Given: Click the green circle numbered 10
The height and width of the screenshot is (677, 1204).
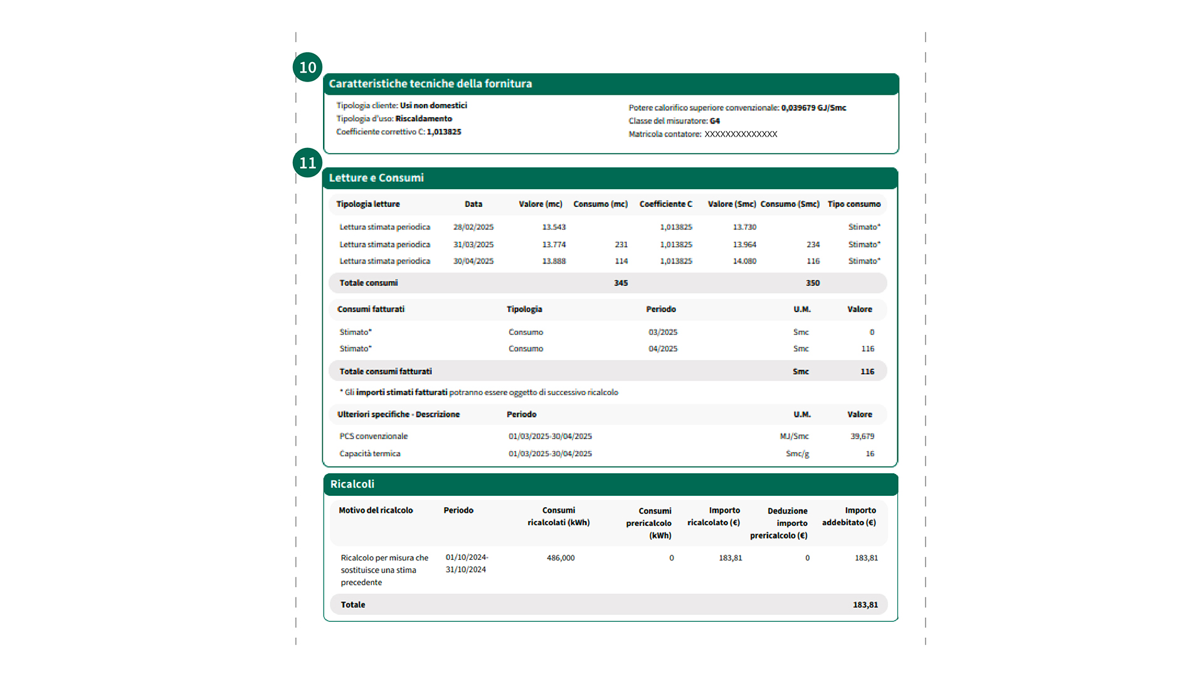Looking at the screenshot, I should point(307,67).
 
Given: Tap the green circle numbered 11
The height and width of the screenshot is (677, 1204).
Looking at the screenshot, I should point(307,163).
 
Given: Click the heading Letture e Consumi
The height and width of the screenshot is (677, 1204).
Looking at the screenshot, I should point(376,178).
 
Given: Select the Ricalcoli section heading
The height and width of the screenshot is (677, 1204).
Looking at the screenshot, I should point(352,484).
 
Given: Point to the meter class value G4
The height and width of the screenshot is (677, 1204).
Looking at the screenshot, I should point(715,121).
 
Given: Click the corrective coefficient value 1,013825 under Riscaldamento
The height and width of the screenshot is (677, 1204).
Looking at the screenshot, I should point(444,132).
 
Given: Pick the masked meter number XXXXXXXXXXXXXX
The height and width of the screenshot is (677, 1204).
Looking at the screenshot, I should point(741,134).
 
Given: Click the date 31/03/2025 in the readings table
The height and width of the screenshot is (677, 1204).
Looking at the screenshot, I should point(473,244).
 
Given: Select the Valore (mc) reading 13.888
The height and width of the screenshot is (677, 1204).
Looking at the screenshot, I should point(554,261).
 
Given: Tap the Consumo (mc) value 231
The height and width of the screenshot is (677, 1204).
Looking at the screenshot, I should point(621,244).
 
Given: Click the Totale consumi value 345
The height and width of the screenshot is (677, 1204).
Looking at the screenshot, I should point(621,283).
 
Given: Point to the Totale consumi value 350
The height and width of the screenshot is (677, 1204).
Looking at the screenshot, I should point(813,283).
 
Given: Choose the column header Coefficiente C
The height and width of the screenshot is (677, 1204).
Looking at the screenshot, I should point(665,204).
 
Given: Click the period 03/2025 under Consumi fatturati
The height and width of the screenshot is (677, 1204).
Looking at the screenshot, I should point(663,332).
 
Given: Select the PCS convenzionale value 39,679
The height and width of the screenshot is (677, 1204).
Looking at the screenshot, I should point(862,436).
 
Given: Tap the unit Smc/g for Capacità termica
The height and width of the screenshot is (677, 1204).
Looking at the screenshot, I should point(797,454).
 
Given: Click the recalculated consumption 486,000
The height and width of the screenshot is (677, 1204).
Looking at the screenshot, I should point(561,558).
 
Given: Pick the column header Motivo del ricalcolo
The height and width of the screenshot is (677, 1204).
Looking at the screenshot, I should point(376,510).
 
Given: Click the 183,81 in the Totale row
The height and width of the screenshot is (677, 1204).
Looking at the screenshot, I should point(865,605).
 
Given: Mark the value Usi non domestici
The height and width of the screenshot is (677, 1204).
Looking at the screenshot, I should point(433,105).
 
